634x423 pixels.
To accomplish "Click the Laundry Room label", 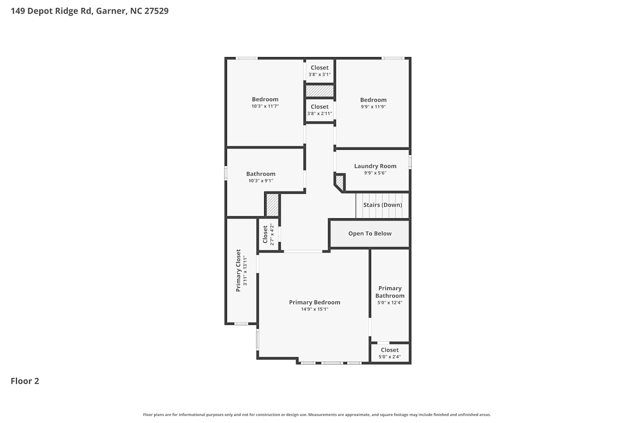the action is pyautogui.click(x=375, y=166).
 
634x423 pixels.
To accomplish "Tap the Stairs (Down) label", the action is pyautogui.click(x=383, y=205).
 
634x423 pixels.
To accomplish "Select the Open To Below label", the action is pyautogui.click(x=370, y=233).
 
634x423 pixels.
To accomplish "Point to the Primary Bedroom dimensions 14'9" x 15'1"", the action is pyautogui.click(x=314, y=309).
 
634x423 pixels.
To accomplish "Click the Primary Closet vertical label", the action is pyautogui.click(x=238, y=270).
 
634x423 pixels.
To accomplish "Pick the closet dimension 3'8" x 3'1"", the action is pyautogui.click(x=320, y=74).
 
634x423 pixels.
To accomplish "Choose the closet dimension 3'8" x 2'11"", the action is pyautogui.click(x=320, y=114).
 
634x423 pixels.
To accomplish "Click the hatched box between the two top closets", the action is pyautogui.click(x=320, y=91).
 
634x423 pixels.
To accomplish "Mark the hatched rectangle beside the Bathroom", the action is pyautogui.click(x=273, y=205).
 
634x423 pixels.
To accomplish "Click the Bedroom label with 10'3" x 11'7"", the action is pyautogui.click(x=265, y=99).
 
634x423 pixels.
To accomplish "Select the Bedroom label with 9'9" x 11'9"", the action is pyautogui.click(x=373, y=100).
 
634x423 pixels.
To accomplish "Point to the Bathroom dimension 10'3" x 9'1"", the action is pyautogui.click(x=261, y=181).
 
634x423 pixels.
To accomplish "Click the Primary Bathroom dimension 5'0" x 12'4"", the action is pyautogui.click(x=390, y=302).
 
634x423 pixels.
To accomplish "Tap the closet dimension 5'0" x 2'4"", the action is pyautogui.click(x=390, y=357).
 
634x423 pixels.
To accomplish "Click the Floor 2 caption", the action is pyautogui.click(x=25, y=381).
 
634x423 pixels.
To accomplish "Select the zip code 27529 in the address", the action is pyautogui.click(x=156, y=11).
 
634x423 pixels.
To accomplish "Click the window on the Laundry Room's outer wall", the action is pyautogui.click(x=410, y=162).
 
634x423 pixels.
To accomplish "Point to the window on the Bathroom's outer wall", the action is pyautogui.click(x=226, y=173).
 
